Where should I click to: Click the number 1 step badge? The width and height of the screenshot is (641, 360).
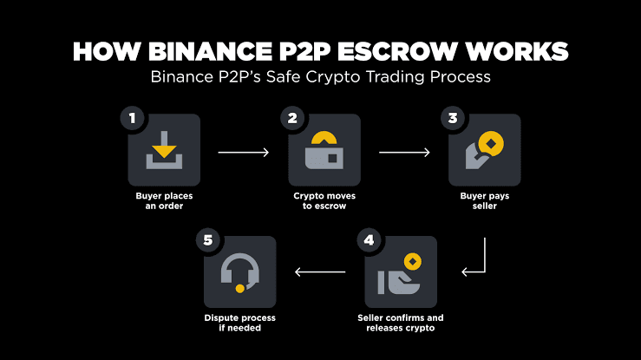pyautogui.click(x=133, y=118)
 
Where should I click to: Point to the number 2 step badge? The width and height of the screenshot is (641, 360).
pyautogui.click(x=293, y=118)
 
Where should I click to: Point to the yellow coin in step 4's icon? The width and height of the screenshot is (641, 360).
pyautogui.click(x=413, y=260)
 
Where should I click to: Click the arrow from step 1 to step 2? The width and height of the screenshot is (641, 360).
pyautogui.click(x=244, y=153)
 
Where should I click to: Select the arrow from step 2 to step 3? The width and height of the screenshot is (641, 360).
pyautogui.click(x=404, y=153)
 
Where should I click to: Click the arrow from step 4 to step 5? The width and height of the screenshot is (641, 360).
pyautogui.click(x=320, y=272)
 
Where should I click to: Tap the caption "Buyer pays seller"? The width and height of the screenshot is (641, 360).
pyautogui.click(x=484, y=201)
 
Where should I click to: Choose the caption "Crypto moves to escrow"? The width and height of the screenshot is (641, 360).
pyautogui.click(x=324, y=201)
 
